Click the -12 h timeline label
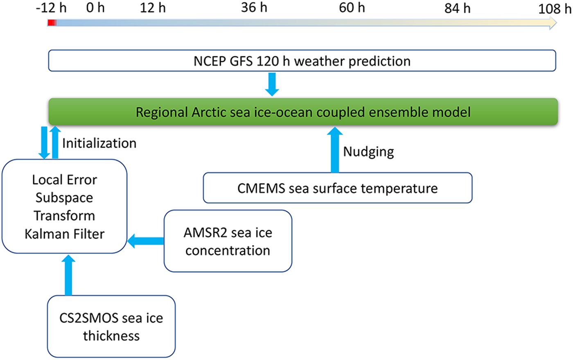coord(51,8)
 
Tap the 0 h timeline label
coord(95,8)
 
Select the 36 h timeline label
coord(254,7)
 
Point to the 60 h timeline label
coord(352,8)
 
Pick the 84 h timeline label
coord(458,9)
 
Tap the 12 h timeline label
coord(153,8)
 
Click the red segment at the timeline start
coord(52,23)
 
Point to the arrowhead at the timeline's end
coord(553,23)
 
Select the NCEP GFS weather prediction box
coord(302,61)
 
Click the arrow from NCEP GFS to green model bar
coord(272,84)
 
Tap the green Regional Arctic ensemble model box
coord(303,112)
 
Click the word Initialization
coord(99,143)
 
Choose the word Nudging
coord(368,152)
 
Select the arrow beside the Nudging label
coord(335,150)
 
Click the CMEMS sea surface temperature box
coord(338,188)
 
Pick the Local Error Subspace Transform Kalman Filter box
coord(65,206)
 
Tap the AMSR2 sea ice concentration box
coord(228,241)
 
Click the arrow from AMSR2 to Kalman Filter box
coord(146,241)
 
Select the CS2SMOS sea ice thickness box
coord(111,326)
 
